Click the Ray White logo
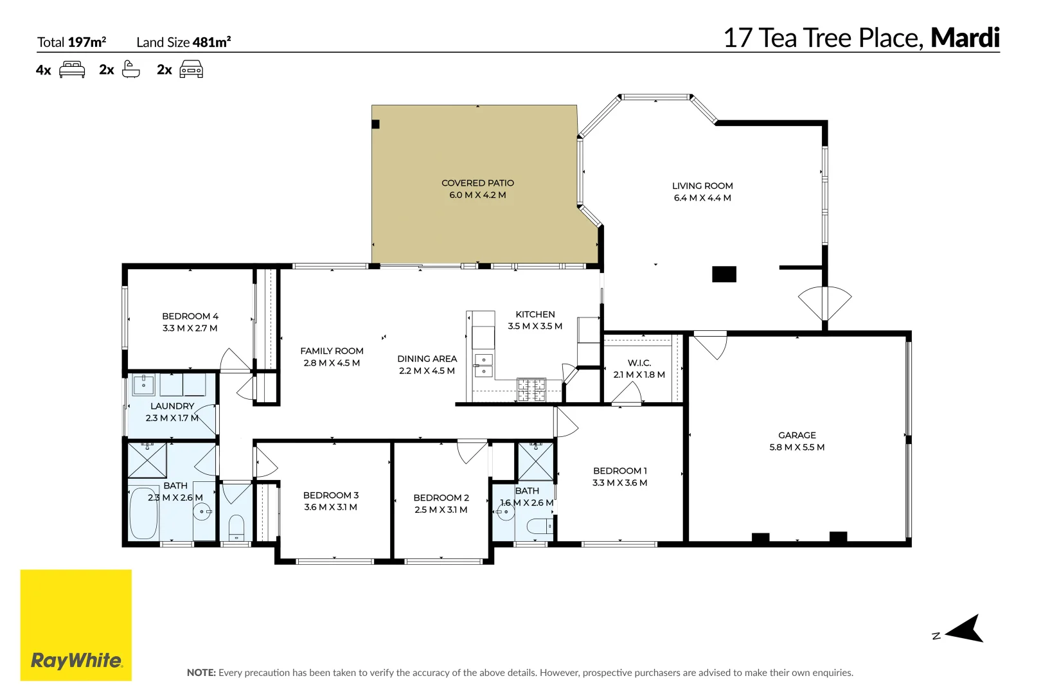(76, 625)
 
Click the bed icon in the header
(72, 69)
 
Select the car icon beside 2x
(191, 69)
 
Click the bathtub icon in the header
(130, 69)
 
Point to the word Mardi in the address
(965, 39)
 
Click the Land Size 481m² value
(211, 42)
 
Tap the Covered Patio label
(477, 183)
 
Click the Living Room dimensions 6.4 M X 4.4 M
(702, 198)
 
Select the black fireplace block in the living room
(724, 274)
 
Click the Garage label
(797, 435)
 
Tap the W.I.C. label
(639, 363)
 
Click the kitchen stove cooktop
(531, 389)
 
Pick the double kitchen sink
(483, 366)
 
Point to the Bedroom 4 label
(190, 316)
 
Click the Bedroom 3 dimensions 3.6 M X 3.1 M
(330, 507)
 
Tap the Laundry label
(172, 406)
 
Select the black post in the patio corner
(376, 124)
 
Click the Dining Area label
(427, 359)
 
